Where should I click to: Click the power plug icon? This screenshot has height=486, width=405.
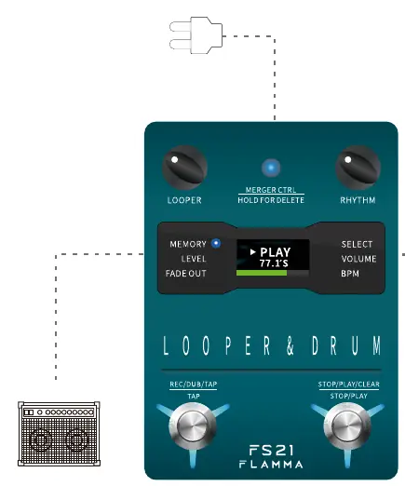196,35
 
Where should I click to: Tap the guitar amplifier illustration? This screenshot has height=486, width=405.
59,434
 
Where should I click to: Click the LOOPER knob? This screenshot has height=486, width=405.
184,168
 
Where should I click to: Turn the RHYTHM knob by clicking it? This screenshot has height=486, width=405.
358,168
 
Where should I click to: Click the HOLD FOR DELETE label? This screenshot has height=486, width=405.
271,200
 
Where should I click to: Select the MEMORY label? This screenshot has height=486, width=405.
188,244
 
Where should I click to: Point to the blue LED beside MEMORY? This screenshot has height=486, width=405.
216,243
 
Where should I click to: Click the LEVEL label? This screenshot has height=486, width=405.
194,259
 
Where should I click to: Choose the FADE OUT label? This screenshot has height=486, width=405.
186,274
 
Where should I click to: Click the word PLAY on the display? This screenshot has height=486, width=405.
276,252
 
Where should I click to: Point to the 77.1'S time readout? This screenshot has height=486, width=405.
274,263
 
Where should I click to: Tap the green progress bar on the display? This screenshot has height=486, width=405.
262,273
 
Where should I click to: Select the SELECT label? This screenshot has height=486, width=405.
357,244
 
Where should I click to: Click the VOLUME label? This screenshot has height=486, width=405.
358,259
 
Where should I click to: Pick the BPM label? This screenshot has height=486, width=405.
350,274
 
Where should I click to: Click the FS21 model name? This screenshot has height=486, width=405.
271,451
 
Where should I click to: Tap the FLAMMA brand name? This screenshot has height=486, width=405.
271,465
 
